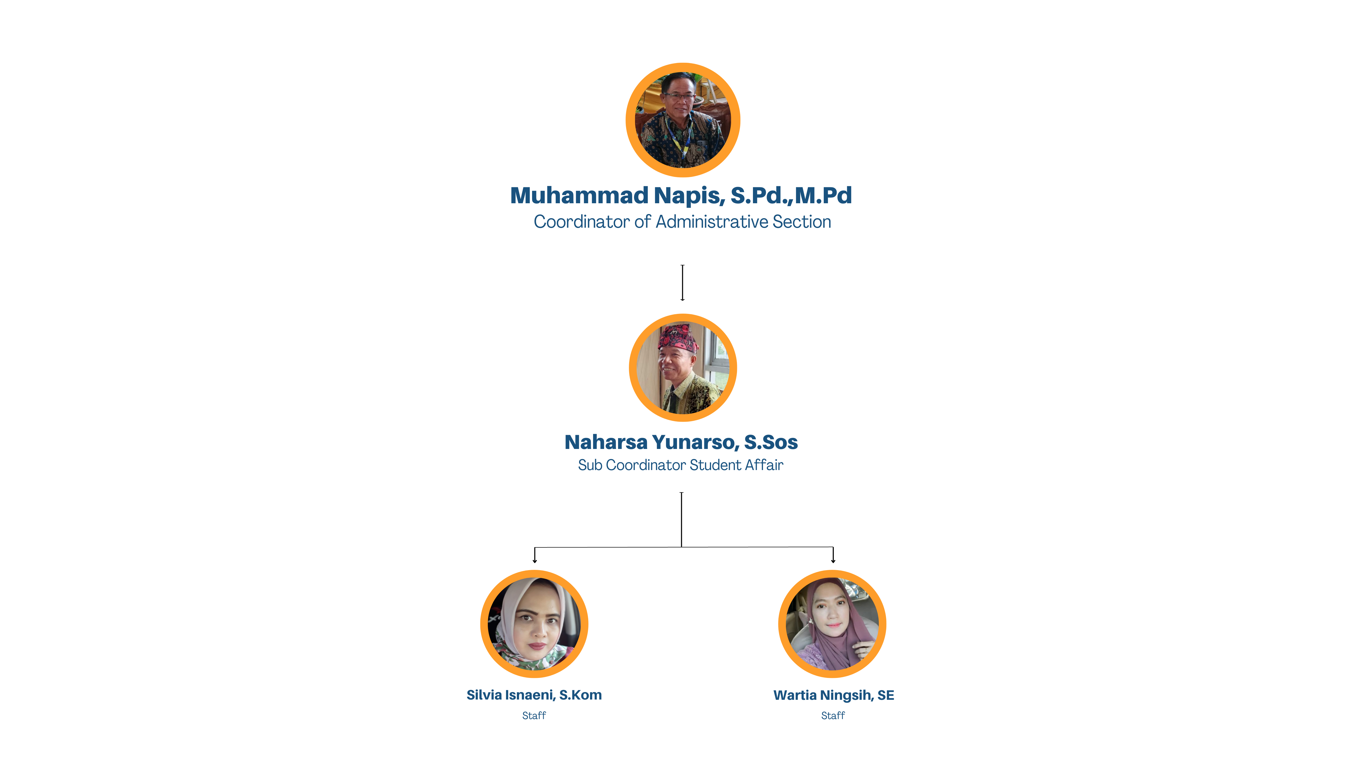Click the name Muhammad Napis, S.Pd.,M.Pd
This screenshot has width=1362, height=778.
pyautogui.click(x=681, y=196)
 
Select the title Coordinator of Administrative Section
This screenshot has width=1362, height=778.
pyautogui.click(x=682, y=222)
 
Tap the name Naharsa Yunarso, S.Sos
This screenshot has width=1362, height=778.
pyautogui.click(x=681, y=443)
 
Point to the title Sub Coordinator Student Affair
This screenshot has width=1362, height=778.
pyautogui.click(x=680, y=465)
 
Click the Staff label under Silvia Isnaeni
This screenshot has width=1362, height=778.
pyautogui.click(x=534, y=715)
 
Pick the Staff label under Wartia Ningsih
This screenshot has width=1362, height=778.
pyautogui.click(x=833, y=715)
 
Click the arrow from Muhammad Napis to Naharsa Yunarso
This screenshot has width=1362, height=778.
pyautogui.click(x=683, y=283)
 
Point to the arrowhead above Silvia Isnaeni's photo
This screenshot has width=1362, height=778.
pyautogui.click(x=535, y=561)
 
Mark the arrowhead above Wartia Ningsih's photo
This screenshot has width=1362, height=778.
pyautogui.click(x=833, y=561)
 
